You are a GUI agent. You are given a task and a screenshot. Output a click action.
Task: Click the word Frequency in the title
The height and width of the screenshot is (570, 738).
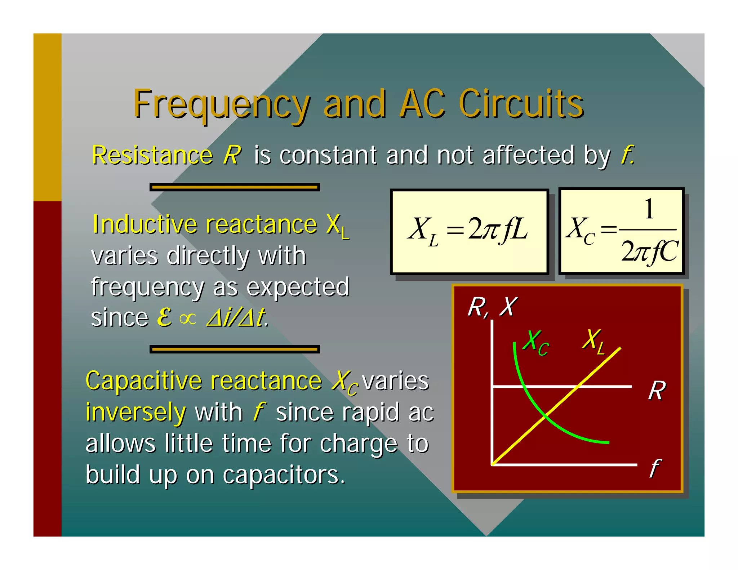click(x=221, y=104)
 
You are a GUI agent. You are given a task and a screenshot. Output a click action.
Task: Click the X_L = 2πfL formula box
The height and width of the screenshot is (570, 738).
click(x=469, y=231)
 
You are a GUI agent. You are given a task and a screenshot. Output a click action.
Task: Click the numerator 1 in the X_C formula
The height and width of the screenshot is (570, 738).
click(x=649, y=209)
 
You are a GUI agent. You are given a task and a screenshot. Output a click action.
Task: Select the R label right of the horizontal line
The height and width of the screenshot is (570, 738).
click(x=657, y=391)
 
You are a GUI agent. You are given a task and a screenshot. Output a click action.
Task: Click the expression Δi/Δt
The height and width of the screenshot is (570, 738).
click(x=236, y=318)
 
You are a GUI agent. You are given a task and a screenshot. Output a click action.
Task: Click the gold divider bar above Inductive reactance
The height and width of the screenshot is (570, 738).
click(x=235, y=187)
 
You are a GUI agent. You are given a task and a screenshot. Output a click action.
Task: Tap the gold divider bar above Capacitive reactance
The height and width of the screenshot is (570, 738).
click(x=235, y=349)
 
